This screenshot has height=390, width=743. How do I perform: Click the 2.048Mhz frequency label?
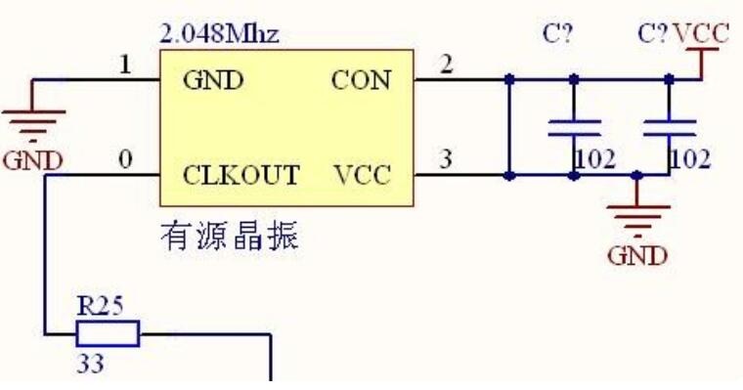click(220, 34)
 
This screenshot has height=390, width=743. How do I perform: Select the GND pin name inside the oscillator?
click(213, 80)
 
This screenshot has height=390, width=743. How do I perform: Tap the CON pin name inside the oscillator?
click(361, 80)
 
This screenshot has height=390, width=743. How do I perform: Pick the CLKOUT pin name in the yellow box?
click(241, 175)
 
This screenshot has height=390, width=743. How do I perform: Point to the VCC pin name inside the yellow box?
click(363, 175)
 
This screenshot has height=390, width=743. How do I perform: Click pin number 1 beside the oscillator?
click(125, 65)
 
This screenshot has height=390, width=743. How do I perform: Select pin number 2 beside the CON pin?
click(447, 64)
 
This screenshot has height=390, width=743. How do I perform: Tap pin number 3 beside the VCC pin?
click(446, 158)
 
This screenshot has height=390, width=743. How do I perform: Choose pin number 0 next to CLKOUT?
click(125, 159)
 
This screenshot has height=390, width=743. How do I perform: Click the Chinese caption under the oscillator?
click(230, 236)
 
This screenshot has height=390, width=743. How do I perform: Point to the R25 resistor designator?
click(100, 306)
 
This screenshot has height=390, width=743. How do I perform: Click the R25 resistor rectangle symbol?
click(109, 333)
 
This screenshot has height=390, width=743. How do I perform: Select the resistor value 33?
click(90, 364)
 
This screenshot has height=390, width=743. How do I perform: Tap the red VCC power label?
click(701, 34)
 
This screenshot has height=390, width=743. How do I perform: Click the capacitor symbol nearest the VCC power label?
click(670, 128)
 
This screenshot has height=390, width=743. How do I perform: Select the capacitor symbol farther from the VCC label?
click(574, 128)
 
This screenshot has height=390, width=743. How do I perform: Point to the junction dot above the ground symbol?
click(637, 176)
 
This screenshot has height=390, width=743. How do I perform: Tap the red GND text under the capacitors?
click(637, 256)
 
